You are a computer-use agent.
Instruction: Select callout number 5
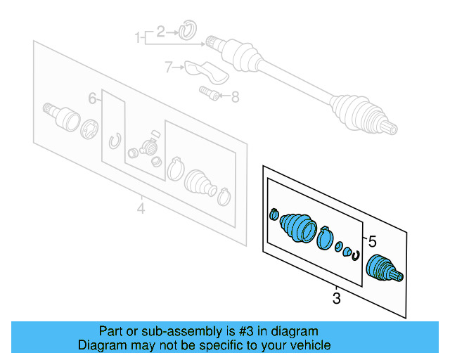(373, 240)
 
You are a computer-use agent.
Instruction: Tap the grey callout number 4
(141, 209)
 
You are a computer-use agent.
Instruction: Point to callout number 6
(91, 98)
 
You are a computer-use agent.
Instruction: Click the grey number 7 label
(169, 67)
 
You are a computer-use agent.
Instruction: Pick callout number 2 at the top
(160, 31)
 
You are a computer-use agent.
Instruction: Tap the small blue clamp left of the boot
(274, 214)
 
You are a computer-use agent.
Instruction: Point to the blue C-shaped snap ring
(356, 255)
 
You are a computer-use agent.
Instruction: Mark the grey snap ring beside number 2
(188, 30)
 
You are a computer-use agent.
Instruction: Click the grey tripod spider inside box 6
(148, 148)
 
